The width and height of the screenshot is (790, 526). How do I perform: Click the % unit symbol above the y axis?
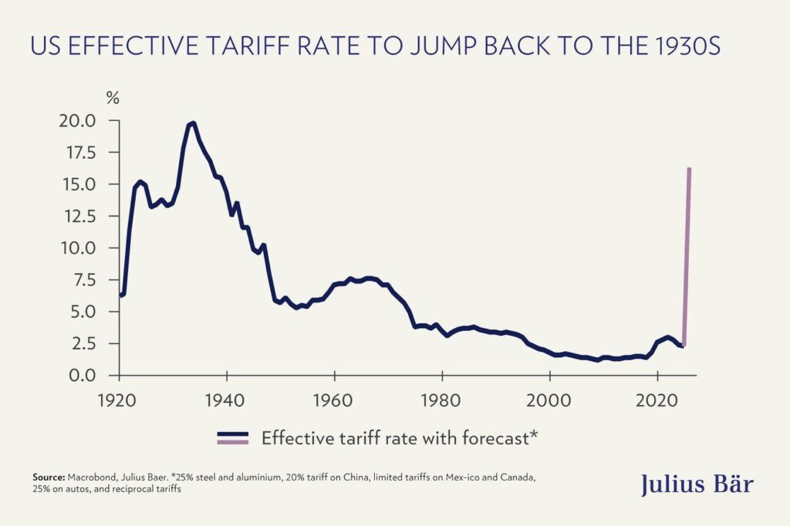coord(113,98)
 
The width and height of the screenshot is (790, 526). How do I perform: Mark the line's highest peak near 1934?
coord(191,123)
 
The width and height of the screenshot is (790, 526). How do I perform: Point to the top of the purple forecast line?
coord(689,169)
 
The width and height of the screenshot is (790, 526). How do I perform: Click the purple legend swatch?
coord(232,442)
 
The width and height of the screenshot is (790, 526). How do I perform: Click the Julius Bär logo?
coord(696,484)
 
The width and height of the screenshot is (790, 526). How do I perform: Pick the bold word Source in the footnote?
coord(49,478)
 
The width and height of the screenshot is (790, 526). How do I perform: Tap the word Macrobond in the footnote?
coord(93,478)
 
